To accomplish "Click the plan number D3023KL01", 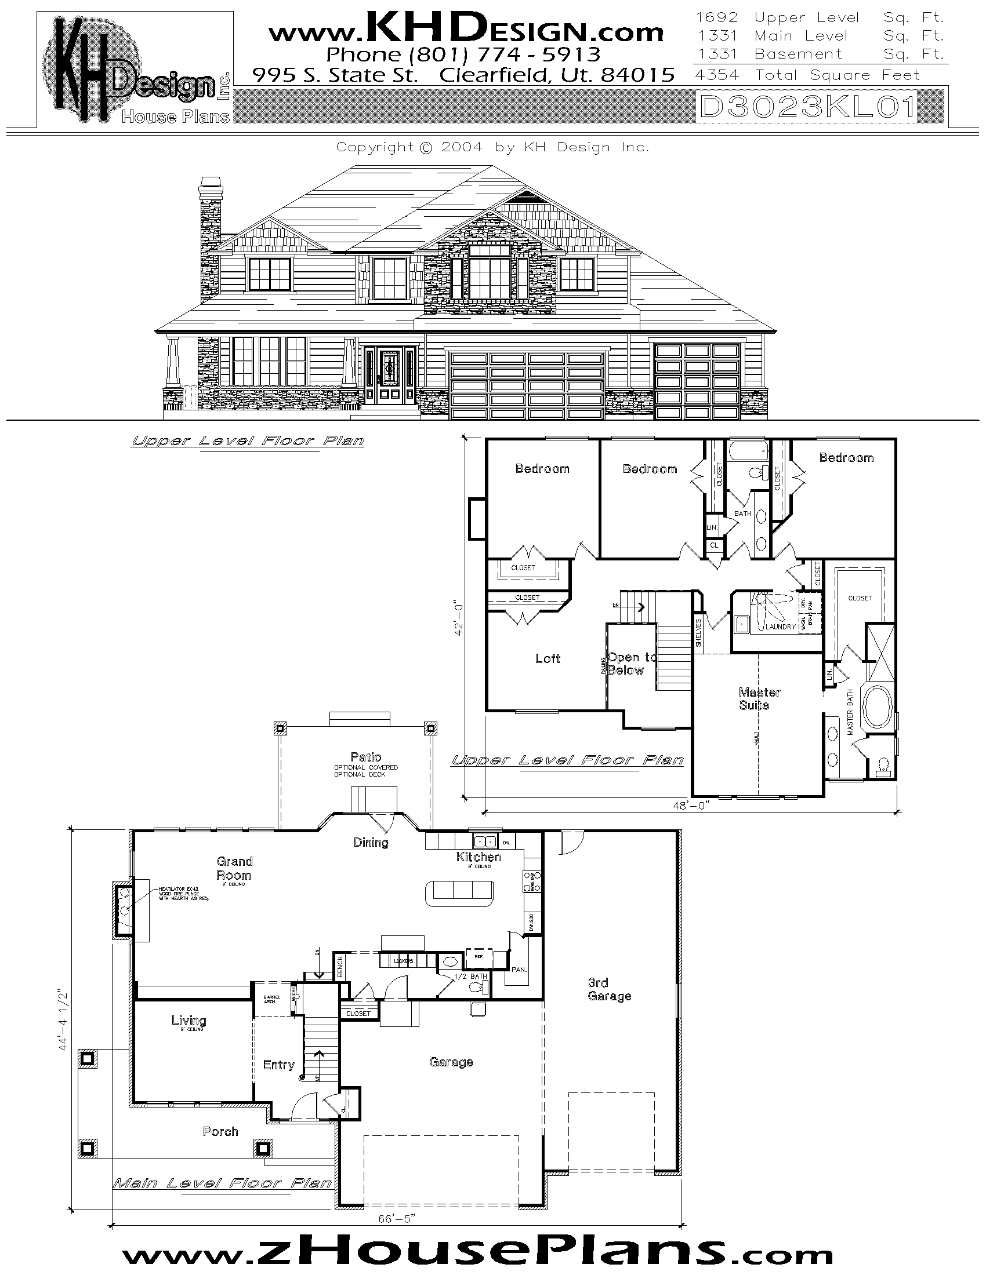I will (807, 107).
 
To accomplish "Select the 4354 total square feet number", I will (717, 75).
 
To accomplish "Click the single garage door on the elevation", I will (696, 381).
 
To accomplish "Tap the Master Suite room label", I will (758, 698).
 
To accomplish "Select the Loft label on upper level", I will (548, 658).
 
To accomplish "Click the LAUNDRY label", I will (780, 626).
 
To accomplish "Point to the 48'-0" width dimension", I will (690, 806).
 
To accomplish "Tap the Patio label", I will (365, 757).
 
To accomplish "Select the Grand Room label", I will (234, 868).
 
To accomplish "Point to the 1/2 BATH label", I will (470, 976).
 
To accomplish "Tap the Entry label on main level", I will (278, 1065).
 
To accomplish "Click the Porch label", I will (220, 1131).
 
